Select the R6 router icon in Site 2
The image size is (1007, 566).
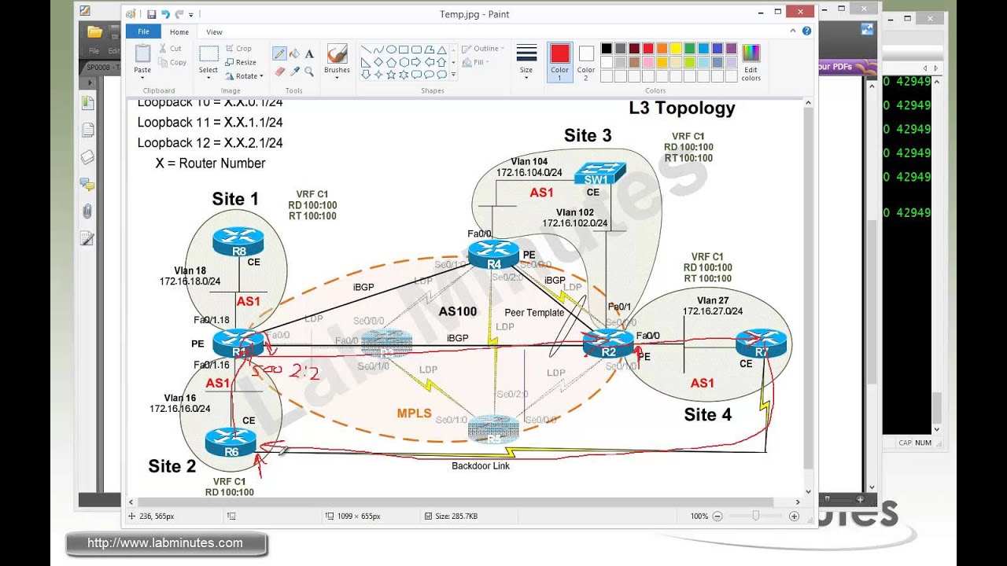(231, 443)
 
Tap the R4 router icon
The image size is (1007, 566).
(493, 254)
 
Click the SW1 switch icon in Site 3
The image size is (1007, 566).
(599, 173)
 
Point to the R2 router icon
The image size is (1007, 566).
(608, 344)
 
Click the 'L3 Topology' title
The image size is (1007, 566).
(681, 108)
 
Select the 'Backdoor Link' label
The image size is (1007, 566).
(480, 466)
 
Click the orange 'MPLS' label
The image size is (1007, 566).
(414, 413)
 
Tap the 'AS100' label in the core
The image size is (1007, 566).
(457, 311)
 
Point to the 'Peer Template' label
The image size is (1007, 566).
(534, 313)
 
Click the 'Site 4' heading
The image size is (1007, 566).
(707, 414)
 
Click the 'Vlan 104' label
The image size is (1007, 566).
(529, 162)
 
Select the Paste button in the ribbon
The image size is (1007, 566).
(142, 60)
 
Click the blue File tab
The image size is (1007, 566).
(143, 32)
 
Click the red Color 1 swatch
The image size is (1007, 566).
(559, 54)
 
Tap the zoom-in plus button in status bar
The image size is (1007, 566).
(794, 516)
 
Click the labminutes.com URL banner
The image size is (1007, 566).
(165, 543)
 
